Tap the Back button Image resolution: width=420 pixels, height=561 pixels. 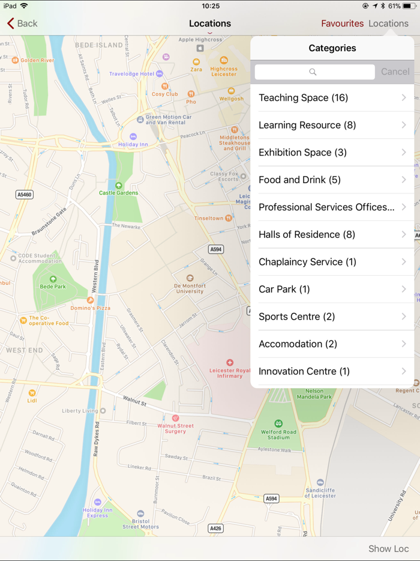coord(22,23)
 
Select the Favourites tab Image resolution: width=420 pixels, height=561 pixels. coord(342,23)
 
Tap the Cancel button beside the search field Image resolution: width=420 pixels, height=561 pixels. coord(395,71)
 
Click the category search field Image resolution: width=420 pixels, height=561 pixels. coord(314,72)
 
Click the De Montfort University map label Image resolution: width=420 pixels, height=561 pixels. coord(190,288)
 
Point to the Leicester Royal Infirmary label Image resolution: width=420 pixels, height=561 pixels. coord(230,372)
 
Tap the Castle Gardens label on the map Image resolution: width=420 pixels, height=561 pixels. coord(119,192)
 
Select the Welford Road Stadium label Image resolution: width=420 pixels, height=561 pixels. coord(278,434)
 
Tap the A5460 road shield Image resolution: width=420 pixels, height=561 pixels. coord(24,195)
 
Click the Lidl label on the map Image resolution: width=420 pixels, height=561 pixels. coord(32,400)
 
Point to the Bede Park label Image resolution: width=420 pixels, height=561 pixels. coord(53,287)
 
